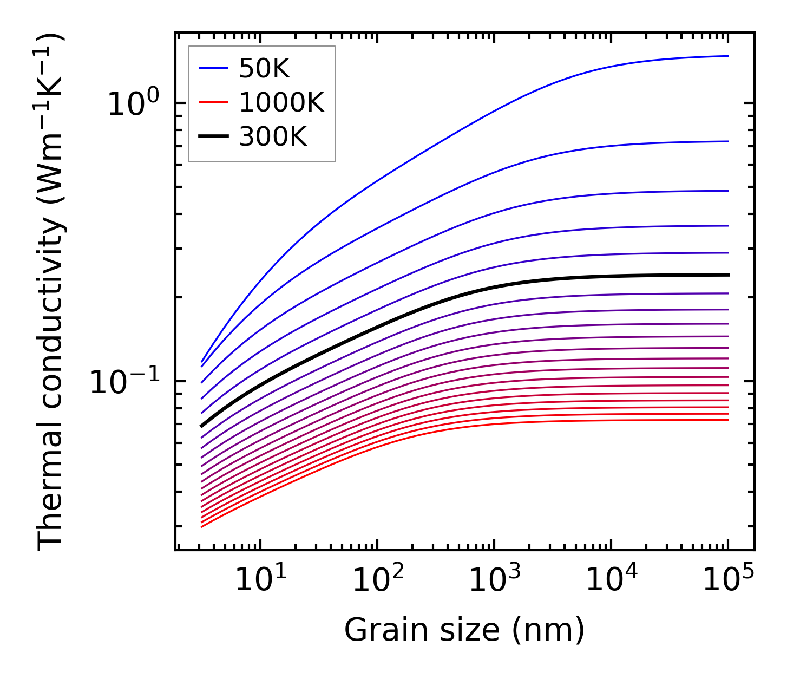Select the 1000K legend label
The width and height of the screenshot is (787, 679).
coord(281,102)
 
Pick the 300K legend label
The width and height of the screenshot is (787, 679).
coord(273,137)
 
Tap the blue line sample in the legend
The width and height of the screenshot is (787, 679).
coord(214,68)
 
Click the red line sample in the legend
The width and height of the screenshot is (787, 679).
coord(214,103)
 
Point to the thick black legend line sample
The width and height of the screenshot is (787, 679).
coord(214,137)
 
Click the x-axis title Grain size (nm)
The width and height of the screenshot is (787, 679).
coord(464,630)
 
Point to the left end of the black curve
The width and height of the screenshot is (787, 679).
coord(201,426)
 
